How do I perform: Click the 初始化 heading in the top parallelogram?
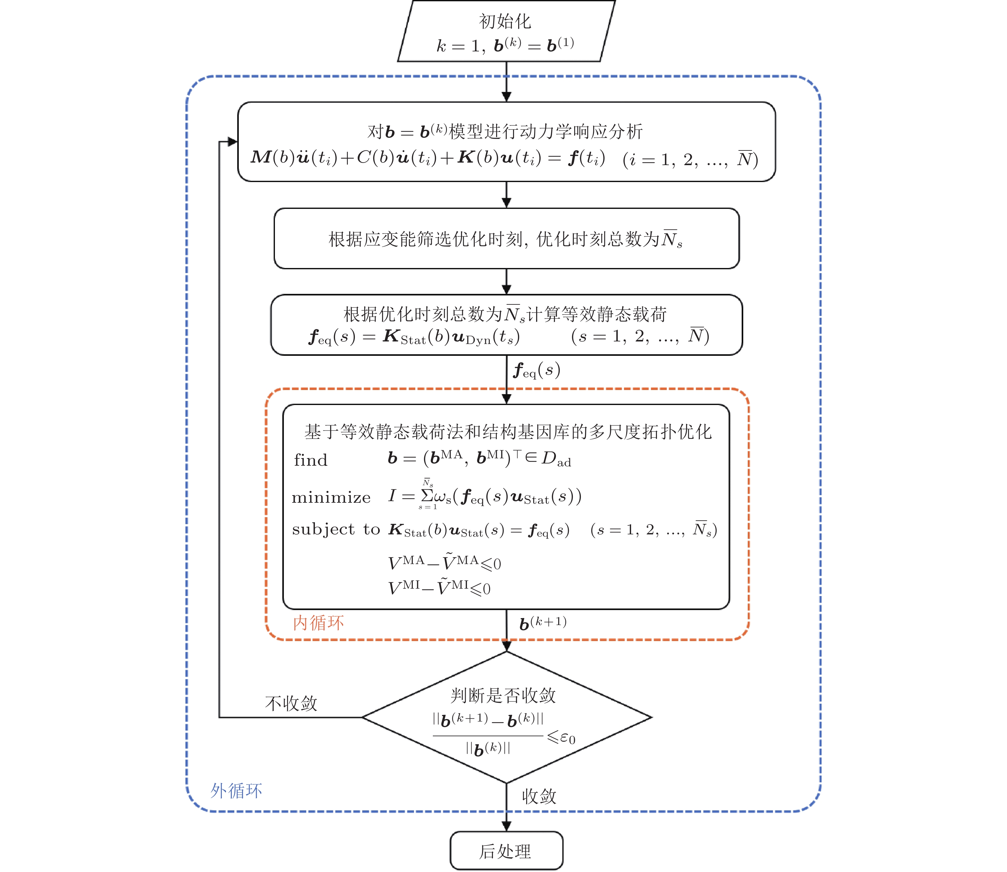pos(505,21)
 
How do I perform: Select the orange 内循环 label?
pos(318,623)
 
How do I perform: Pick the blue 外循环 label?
pos(236,791)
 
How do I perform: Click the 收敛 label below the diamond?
pos(539,797)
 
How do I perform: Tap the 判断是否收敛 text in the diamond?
pos(503,695)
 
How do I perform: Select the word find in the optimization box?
pos(311,460)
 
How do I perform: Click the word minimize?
pos(331,497)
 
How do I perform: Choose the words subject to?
pos(336,530)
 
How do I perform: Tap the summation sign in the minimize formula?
pos(427,496)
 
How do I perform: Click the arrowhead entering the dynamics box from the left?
pos(232,142)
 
